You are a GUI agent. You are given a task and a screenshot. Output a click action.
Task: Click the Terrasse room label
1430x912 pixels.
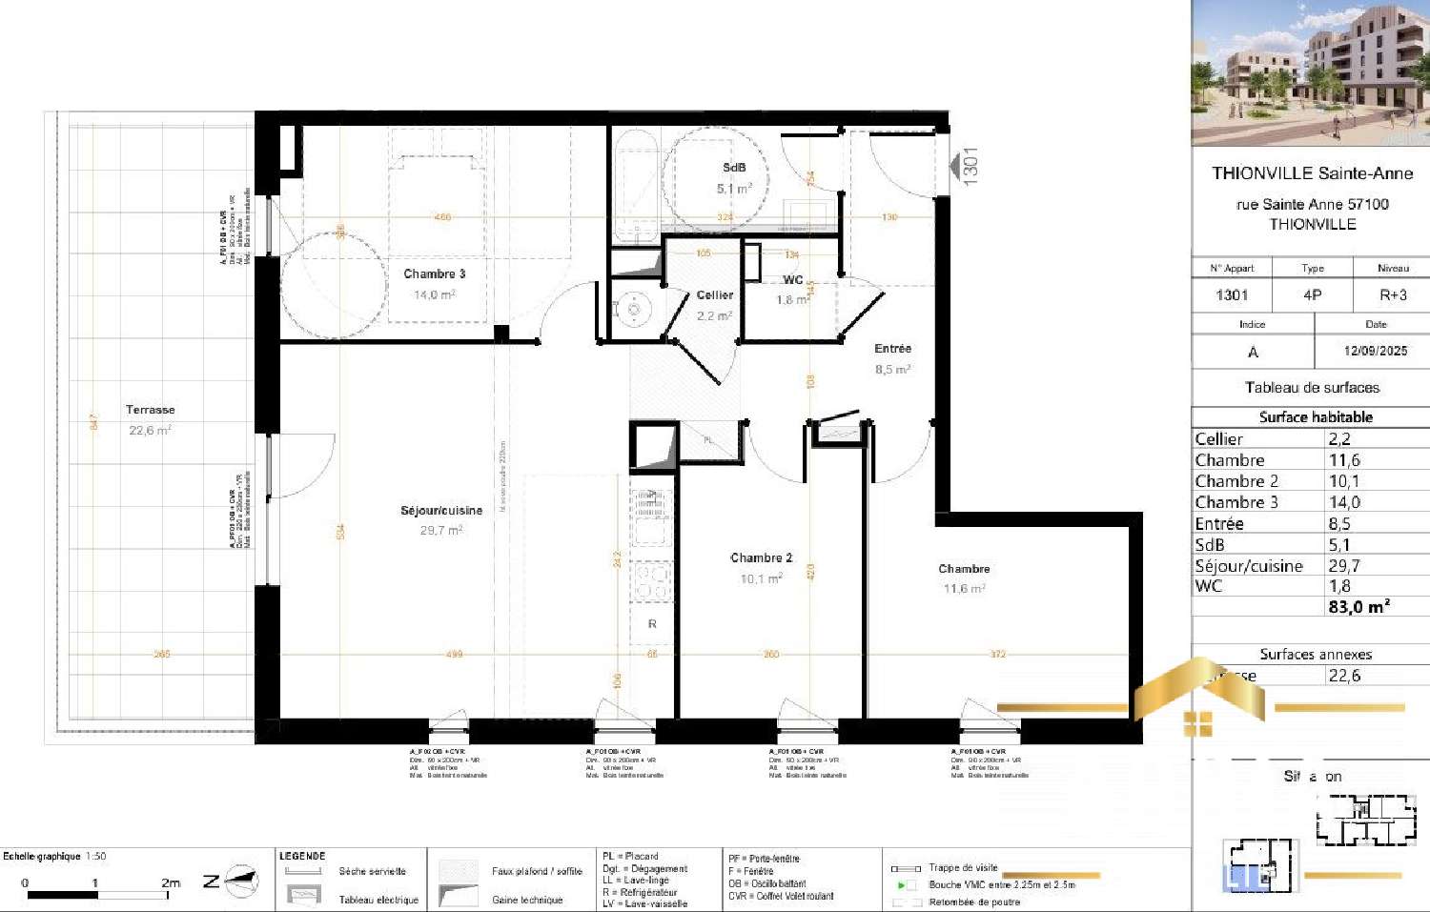click(x=150, y=410)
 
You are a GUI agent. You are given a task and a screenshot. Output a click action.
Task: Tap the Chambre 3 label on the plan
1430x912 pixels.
click(x=434, y=274)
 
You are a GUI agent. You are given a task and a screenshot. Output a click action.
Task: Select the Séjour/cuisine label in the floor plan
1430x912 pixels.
click(x=441, y=511)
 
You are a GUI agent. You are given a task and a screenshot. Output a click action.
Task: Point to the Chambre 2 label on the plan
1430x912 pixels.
click(x=761, y=558)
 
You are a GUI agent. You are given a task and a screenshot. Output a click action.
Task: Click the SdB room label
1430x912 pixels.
click(x=734, y=168)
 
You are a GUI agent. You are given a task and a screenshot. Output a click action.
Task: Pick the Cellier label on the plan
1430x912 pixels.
click(x=714, y=295)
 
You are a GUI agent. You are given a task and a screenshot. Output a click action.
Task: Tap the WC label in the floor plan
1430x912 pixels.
click(x=792, y=280)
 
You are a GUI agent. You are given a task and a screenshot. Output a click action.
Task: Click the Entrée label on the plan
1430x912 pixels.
click(x=892, y=349)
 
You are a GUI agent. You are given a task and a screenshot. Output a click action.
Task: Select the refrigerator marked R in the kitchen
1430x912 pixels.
click(x=652, y=624)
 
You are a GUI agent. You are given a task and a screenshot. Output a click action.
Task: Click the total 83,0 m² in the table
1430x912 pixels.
click(x=1358, y=606)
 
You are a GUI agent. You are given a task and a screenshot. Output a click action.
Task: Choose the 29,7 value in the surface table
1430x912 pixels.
click(x=1344, y=566)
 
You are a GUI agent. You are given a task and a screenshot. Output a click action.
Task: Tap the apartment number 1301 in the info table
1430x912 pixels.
click(x=1232, y=295)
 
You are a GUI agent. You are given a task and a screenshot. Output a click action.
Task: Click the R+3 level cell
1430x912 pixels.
click(x=1393, y=295)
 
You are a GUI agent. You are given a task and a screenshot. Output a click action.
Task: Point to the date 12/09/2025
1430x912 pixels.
click(x=1375, y=351)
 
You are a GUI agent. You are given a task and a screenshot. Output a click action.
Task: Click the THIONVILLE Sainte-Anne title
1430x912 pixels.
click(x=1312, y=173)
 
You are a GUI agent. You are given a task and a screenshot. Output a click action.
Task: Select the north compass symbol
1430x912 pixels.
click(x=243, y=882)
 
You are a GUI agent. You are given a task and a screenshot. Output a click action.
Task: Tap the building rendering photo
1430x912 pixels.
click(x=1311, y=72)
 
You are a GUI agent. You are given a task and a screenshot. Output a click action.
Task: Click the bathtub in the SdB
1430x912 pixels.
click(x=635, y=186)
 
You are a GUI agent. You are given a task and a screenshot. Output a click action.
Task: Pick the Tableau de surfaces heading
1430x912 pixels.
click(x=1312, y=388)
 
